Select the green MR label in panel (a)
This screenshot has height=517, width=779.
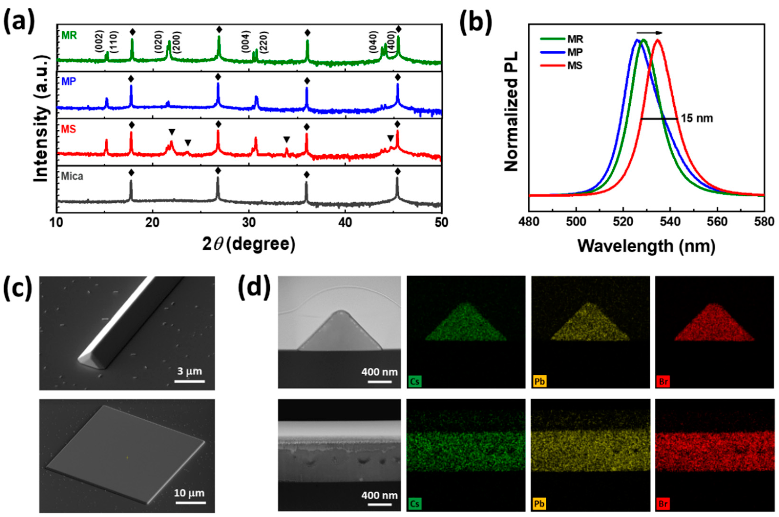69,35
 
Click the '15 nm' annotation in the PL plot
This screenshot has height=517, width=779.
697,118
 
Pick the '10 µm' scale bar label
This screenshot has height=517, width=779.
189,493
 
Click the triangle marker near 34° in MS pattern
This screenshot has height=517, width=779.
286,140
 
